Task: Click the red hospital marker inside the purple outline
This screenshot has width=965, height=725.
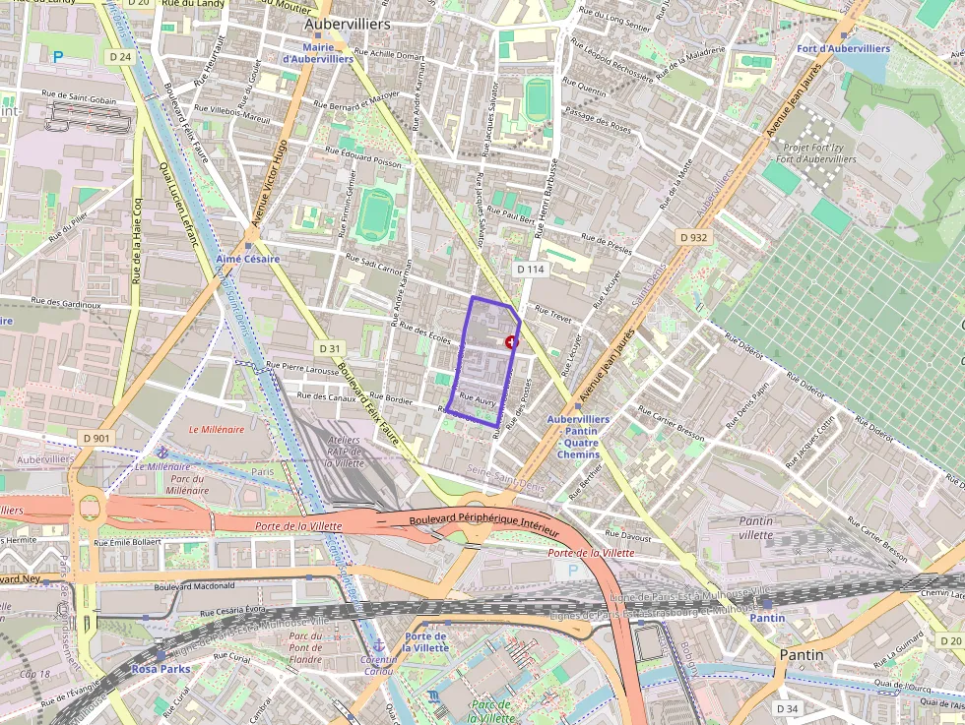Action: (510, 341)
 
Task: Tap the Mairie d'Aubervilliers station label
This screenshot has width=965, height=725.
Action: (317, 53)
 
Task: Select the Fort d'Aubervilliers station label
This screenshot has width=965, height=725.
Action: (844, 48)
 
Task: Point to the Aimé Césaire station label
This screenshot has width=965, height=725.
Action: (248, 259)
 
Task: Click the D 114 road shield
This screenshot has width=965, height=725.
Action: (530, 269)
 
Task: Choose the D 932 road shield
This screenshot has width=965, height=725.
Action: (693, 237)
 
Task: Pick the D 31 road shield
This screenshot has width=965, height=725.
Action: (329, 348)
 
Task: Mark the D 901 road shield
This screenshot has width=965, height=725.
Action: (96, 438)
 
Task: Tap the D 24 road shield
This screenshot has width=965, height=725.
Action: (120, 57)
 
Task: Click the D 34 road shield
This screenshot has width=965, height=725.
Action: (787, 708)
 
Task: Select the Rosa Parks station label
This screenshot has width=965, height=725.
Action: (161, 668)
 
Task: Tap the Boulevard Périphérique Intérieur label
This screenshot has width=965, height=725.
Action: (483, 523)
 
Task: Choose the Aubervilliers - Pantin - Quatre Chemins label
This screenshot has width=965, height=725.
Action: (578, 437)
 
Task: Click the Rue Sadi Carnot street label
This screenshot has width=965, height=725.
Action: (373, 264)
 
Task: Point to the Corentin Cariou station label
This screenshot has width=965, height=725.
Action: (378, 666)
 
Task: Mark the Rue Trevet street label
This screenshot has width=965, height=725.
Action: (553, 314)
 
